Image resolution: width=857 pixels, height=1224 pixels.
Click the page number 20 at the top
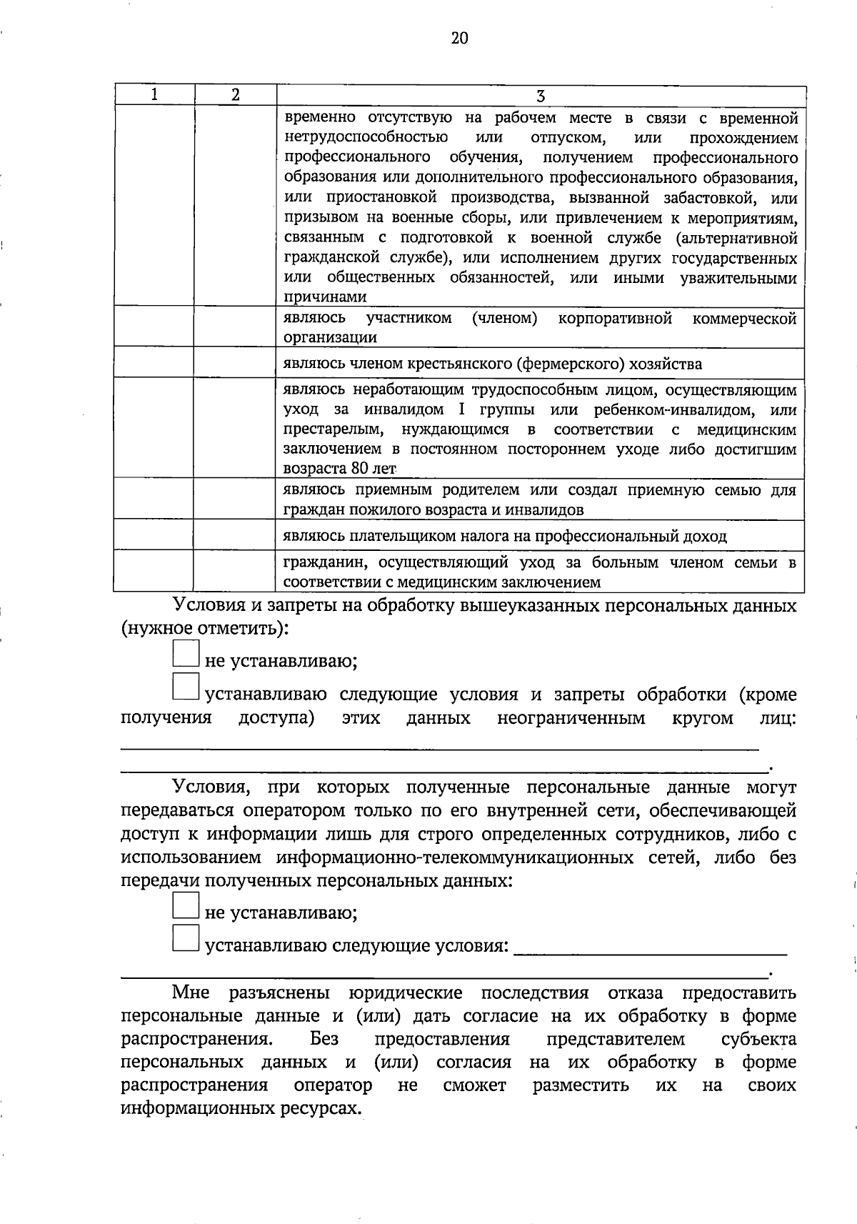(459, 39)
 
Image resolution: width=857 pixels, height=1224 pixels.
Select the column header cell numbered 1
(154, 95)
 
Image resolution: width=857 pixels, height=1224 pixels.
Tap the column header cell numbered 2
(235, 95)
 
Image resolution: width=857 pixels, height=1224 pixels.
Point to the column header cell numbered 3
(541, 96)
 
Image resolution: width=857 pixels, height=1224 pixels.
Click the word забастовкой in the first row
(697, 197)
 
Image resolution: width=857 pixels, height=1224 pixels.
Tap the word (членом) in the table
(504, 318)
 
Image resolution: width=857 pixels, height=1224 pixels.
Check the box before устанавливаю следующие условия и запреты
(186, 686)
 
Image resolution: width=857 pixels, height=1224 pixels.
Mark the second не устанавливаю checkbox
(186, 905)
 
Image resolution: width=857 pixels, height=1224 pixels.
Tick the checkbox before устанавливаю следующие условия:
(186, 938)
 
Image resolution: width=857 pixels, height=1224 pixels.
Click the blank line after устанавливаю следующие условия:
(650, 950)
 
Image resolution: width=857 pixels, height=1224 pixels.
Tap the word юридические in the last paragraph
(406, 993)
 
